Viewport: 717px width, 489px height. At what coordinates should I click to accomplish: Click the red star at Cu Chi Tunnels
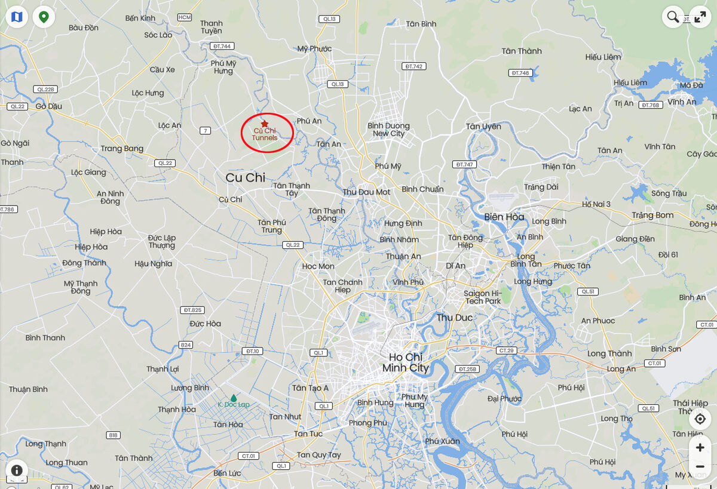click(x=265, y=124)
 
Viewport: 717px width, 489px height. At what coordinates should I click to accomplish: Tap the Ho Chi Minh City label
click(x=406, y=362)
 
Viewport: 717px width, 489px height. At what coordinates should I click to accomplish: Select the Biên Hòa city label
click(x=504, y=217)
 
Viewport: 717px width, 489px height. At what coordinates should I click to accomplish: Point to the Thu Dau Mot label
click(x=366, y=192)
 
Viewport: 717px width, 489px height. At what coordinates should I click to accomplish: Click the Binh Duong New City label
click(x=388, y=130)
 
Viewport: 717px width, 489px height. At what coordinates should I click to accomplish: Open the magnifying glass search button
click(x=673, y=17)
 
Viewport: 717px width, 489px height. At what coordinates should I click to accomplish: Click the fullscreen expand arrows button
click(x=700, y=17)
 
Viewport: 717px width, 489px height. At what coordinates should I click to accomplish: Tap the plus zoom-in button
click(x=700, y=447)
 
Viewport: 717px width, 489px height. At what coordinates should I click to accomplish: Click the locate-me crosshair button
click(x=700, y=419)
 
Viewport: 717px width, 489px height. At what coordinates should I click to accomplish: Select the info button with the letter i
click(x=17, y=470)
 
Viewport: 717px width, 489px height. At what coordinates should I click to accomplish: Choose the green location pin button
click(x=44, y=17)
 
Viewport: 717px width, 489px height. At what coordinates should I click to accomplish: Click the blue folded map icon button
click(x=17, y=17)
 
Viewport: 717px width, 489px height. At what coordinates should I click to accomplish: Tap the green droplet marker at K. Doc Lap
click(x=234, y=398)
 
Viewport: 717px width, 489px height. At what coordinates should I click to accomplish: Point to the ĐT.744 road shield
click(x=222, y=46)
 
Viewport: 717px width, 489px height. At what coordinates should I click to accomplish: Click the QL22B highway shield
click(x=45, y=90)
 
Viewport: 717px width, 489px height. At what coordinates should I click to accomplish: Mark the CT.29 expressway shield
click(x=505, y=350)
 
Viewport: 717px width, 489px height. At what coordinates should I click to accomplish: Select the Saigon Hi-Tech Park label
click(x=483, y=297)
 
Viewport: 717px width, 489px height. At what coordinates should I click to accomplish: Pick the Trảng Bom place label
click(x=652, y=215)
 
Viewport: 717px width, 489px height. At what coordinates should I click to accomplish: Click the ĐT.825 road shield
click(x=193, y=310)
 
